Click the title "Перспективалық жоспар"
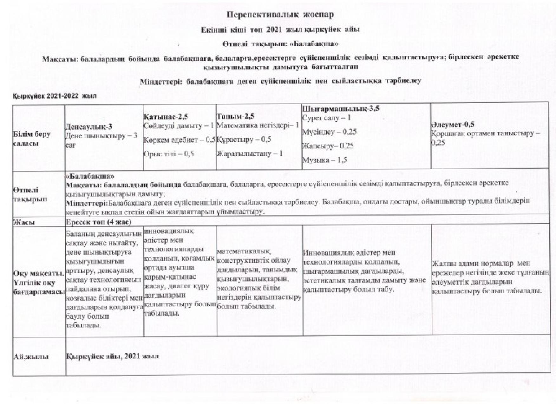tap(280, 15)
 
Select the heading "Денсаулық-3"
tap(88, 127)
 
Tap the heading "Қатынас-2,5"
tap(165, 117)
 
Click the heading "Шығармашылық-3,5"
tap(341, 109)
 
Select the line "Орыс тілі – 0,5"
tap(168, 154)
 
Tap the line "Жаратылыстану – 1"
tap(249, 154)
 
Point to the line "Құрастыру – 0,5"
tap(244, 140)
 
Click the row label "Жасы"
tap(23, 222)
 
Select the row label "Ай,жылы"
tap(31, 357)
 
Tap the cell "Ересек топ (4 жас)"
tap(98, 222)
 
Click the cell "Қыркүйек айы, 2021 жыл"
tap(112, 356)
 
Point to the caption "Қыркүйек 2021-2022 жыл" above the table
tap(54, 95)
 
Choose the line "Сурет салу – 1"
tap(326, 118)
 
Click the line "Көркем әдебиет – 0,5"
tap(180, 140)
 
